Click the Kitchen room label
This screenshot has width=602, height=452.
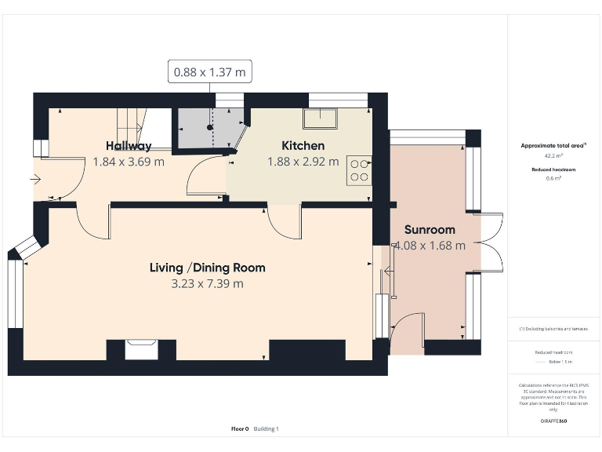click(x=303, y=145)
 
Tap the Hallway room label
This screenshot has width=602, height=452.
click(x=129, y=146)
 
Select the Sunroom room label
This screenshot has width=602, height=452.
click(x=430, y=230)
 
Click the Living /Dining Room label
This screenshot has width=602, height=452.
click(x=207, y=268)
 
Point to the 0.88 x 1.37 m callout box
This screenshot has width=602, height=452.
click(x=210, y=72)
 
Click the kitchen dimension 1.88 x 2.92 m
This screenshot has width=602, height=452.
click(x=303, y=162)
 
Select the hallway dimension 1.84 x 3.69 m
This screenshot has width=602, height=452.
click(x=129, y=162)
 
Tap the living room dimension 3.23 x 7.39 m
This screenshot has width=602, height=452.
click(x=207, y=283)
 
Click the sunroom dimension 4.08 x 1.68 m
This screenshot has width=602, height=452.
click(x=430, y=245)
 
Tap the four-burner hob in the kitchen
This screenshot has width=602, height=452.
click(x=360, y=170)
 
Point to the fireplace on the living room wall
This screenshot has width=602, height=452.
click(x=141, y=348)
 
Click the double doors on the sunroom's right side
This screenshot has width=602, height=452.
click(x=491, y=242)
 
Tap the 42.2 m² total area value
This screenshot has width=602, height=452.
click(x=553, y=156)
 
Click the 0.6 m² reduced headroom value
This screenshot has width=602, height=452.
click(x=553, y=178)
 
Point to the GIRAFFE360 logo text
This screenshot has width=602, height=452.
click(x=553, y=421)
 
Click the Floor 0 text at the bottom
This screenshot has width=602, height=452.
click(x=240, y=428)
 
